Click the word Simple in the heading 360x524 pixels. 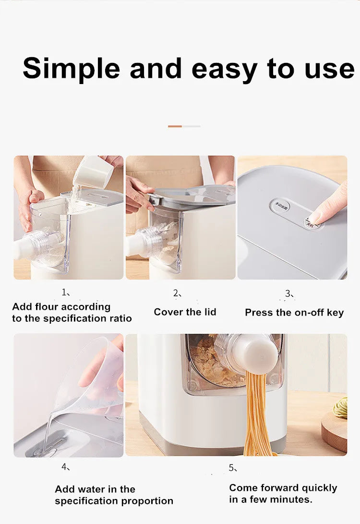(x=71, y=68)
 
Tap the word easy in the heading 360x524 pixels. (x=224, y=68)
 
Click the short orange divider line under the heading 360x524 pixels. (x=175, y=126)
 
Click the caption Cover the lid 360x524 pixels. (x=185, y=312)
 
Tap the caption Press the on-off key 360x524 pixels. (x=294, y=313)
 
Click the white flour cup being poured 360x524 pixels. (x=93, y=171)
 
